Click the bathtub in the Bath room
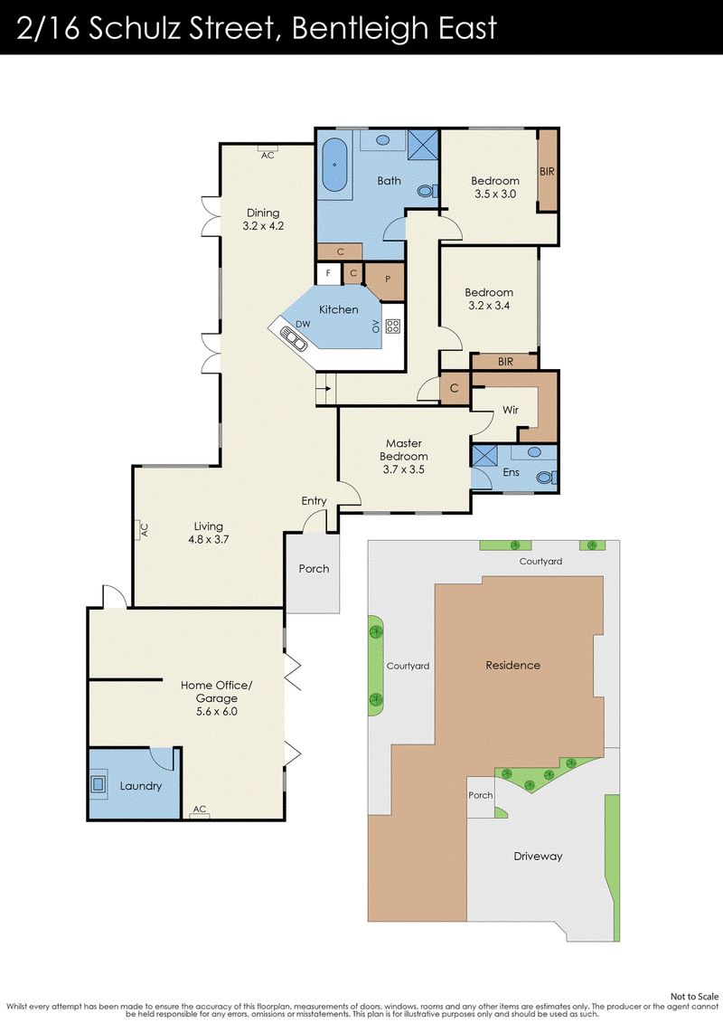coord(335,165)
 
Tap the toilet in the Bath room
coord(427,191)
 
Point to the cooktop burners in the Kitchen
coord(392,327)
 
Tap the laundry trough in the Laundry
coord(99,783)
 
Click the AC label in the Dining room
coord(268,156)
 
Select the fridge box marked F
coord(328,273)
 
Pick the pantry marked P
coord(386,280)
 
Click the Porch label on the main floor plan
coord(314,568)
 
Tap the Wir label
coord(511,410)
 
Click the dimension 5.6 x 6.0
coord(216,711)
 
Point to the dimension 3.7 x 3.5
coord(404,469)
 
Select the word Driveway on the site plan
coord(538,856)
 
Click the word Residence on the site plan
coord(513,665)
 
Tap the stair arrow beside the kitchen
coord(327,388)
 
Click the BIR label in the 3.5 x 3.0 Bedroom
coord(547,171)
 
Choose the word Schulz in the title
coord(135,28)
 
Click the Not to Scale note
coord(694,996)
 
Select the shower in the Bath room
coord(423,144)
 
